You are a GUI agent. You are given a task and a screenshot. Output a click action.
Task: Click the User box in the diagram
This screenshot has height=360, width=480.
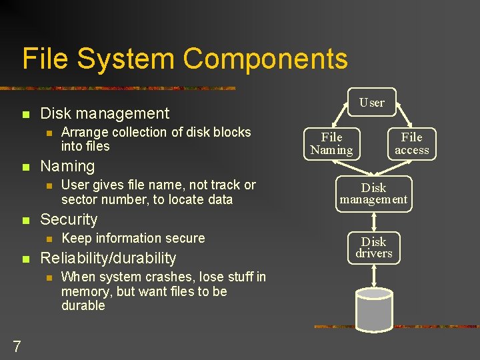pos(372,103)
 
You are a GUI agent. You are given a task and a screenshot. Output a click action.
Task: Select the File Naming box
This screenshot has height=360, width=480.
pos(331,144)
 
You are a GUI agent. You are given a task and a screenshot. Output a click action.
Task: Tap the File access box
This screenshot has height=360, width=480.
pos(411,144)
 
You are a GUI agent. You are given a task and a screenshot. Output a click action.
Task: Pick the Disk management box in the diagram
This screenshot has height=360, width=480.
pos(373,193)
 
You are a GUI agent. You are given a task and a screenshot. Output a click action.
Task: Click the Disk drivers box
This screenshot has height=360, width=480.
pos(373,247)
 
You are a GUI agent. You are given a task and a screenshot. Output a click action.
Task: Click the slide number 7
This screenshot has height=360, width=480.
pos(17,346)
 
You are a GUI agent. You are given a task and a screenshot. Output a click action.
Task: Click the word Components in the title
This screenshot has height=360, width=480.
pos(265,59)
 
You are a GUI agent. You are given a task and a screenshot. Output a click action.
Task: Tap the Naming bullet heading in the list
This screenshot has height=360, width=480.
pos(68,166)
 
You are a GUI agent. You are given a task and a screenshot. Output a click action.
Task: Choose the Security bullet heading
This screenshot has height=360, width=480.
pos(69,219)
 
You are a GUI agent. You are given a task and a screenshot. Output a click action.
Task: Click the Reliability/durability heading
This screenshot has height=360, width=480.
pos(108,258)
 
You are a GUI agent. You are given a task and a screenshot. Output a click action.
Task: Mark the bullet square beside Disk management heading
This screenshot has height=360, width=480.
pos(25,114)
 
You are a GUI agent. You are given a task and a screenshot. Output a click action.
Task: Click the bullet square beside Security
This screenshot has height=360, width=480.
pos(25,220)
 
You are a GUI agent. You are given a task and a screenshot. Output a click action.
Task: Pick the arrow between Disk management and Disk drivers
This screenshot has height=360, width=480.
pos(374,221)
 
